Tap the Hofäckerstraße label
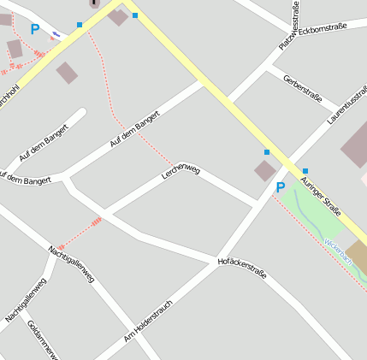coord(242,268)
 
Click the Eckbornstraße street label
coord(323,28)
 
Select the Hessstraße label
coord(295,16)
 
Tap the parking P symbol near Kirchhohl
coord(35,29)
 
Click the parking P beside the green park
coord(280,187)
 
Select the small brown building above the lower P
coord(265,171)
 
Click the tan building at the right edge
coord(358,257)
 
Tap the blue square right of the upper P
coord(80,25)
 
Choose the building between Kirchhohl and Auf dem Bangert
coord(67,73)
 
